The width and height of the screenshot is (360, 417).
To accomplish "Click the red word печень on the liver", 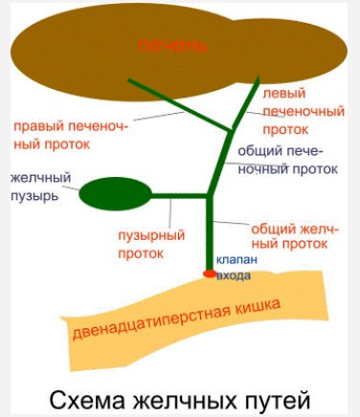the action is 173,46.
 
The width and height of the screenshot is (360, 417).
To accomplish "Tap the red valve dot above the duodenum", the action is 210,274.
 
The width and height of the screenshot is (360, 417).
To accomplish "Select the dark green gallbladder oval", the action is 115,194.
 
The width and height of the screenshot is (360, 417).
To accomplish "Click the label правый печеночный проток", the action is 71,136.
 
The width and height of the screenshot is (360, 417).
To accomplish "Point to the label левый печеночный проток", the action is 304,112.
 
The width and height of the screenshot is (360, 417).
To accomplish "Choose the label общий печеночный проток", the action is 288,160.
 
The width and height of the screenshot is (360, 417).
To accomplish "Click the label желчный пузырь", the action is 41,187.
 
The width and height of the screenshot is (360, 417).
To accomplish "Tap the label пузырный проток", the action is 151,245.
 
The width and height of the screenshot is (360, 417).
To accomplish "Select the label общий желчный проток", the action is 295,237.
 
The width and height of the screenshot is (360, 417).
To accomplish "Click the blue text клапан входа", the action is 236,267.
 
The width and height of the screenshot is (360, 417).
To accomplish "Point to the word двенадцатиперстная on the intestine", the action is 152,322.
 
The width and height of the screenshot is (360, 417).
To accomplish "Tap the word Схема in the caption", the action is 87,400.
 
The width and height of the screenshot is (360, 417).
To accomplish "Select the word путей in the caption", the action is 279,400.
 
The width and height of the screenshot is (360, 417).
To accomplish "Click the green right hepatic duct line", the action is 180,105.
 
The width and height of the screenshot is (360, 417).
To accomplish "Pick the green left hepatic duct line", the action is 246,103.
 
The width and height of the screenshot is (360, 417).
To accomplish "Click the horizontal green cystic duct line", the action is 179,195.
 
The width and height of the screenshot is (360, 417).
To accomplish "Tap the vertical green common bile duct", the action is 210,233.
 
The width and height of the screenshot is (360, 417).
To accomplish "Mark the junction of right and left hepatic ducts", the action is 231,130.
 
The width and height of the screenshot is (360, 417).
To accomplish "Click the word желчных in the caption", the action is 185,400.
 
